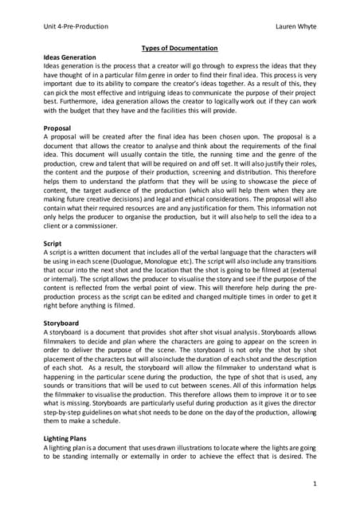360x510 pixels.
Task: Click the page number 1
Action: coord(313,483)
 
